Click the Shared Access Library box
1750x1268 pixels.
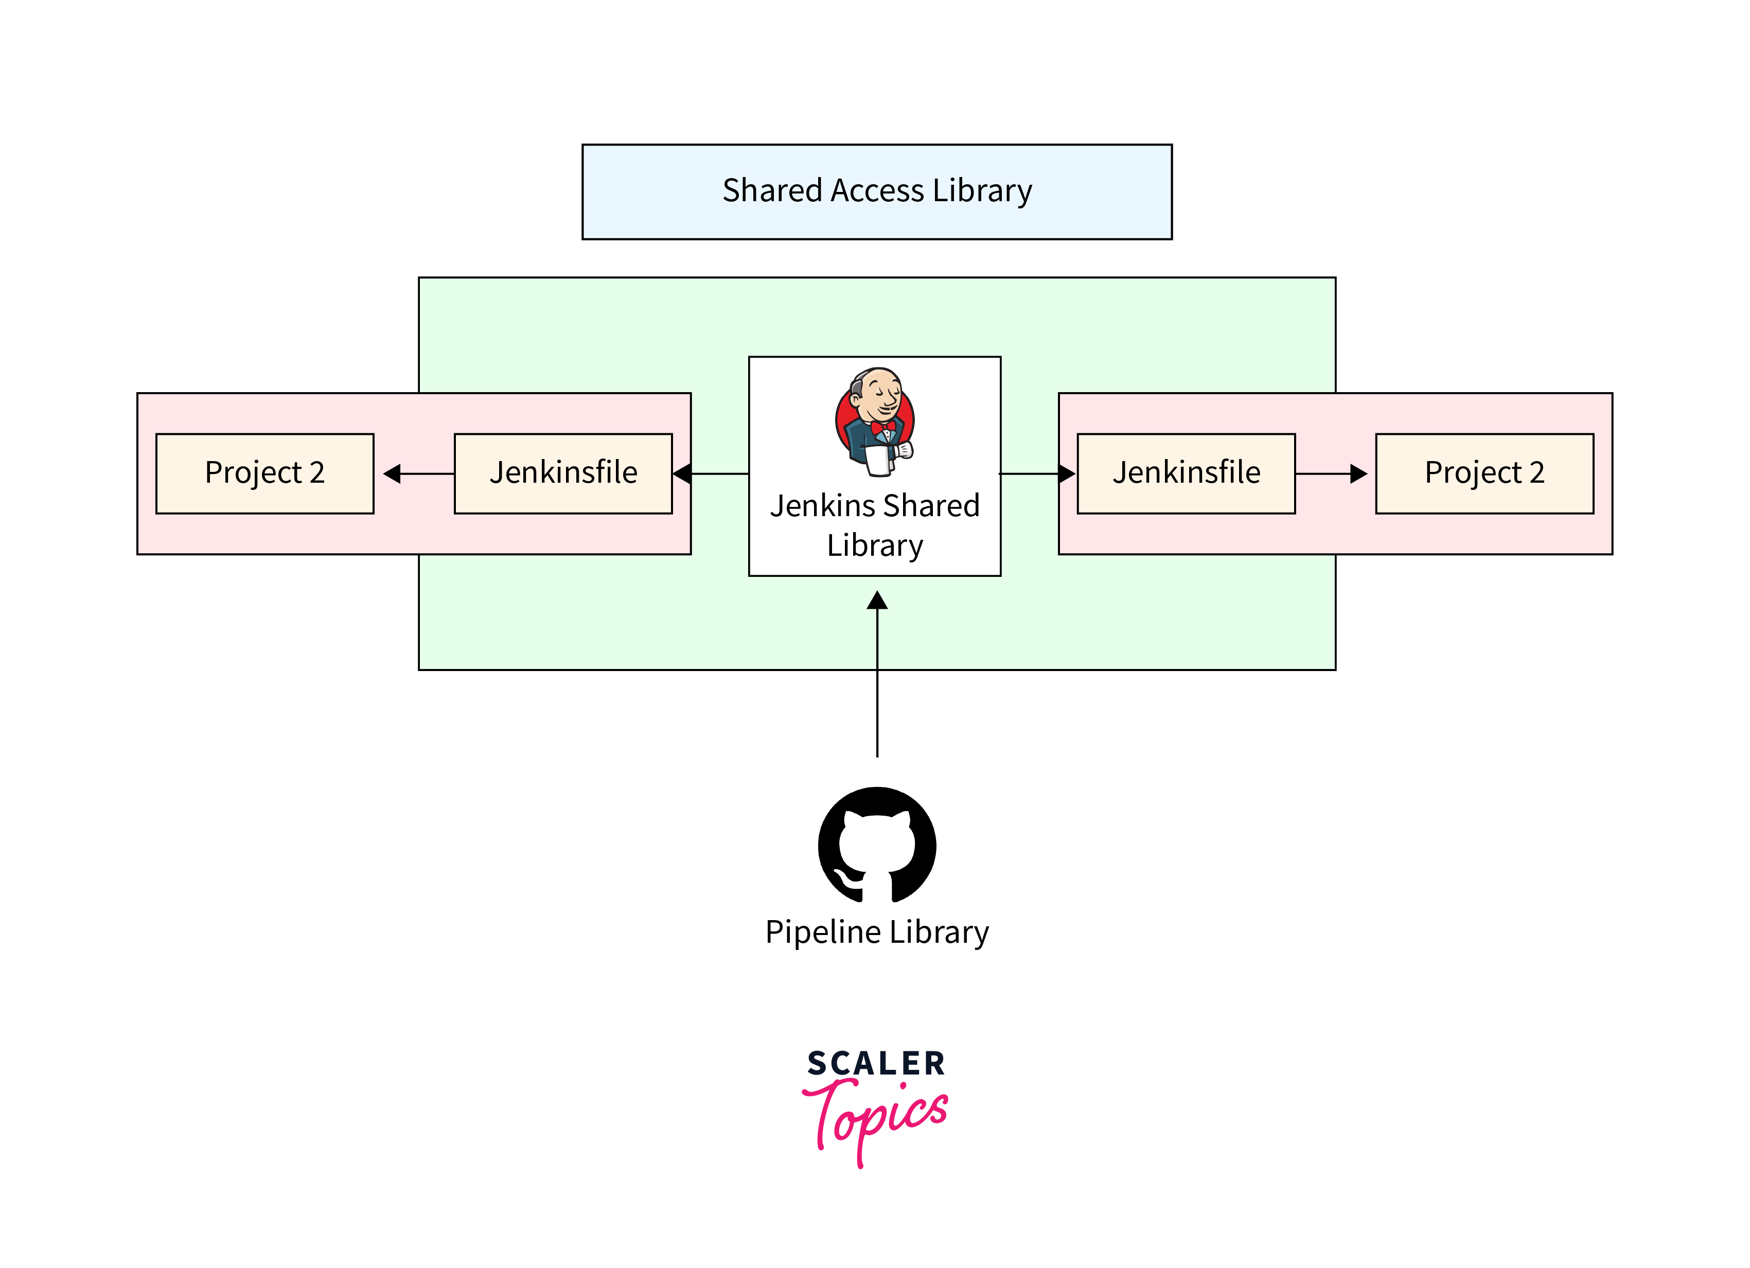click(876, 191)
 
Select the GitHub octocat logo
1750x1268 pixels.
click(876, 845)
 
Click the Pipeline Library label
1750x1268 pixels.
click(876, 932)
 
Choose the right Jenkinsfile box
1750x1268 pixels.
click(1186, 473)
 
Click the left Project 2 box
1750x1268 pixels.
click(264, 473)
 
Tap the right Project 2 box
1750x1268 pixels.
click(1484, 473)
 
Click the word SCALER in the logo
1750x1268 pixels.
click(876, 1064)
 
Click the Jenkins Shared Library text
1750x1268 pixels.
click(874, 525)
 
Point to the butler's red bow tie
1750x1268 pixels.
click(882, 427)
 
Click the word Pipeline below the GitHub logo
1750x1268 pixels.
click(823, 932)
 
